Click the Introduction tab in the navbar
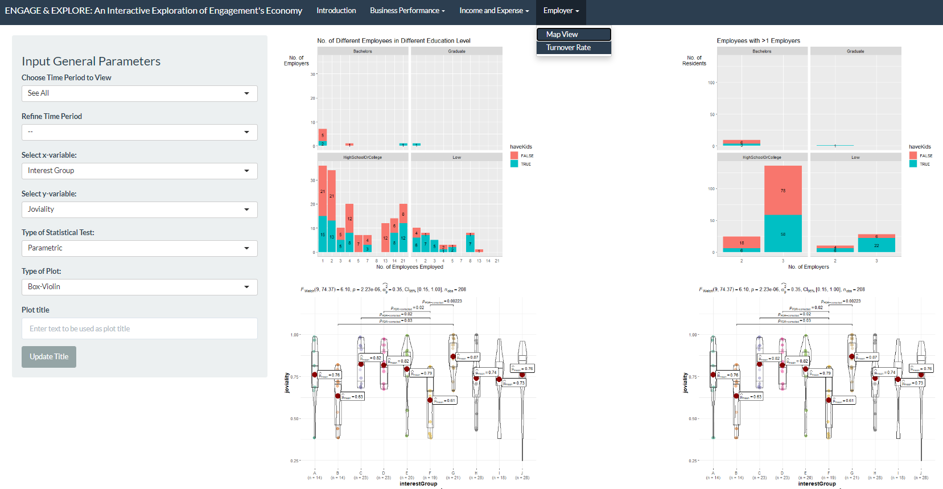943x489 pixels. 336,11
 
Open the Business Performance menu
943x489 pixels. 407,11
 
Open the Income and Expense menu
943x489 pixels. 493,11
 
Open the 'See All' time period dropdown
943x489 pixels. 139,93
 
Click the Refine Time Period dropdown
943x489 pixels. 139,132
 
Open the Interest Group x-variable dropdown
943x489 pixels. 139,171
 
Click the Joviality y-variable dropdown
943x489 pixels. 139,209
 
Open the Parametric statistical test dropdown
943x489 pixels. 139,248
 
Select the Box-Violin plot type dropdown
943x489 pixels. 139,287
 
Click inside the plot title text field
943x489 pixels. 139,328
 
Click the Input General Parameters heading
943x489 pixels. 91,61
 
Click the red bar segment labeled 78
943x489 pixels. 783,190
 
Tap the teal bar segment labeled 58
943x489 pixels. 783,233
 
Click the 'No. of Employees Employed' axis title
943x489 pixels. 409,267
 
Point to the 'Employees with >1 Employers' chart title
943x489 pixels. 758,41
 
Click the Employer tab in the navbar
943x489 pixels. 561,11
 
